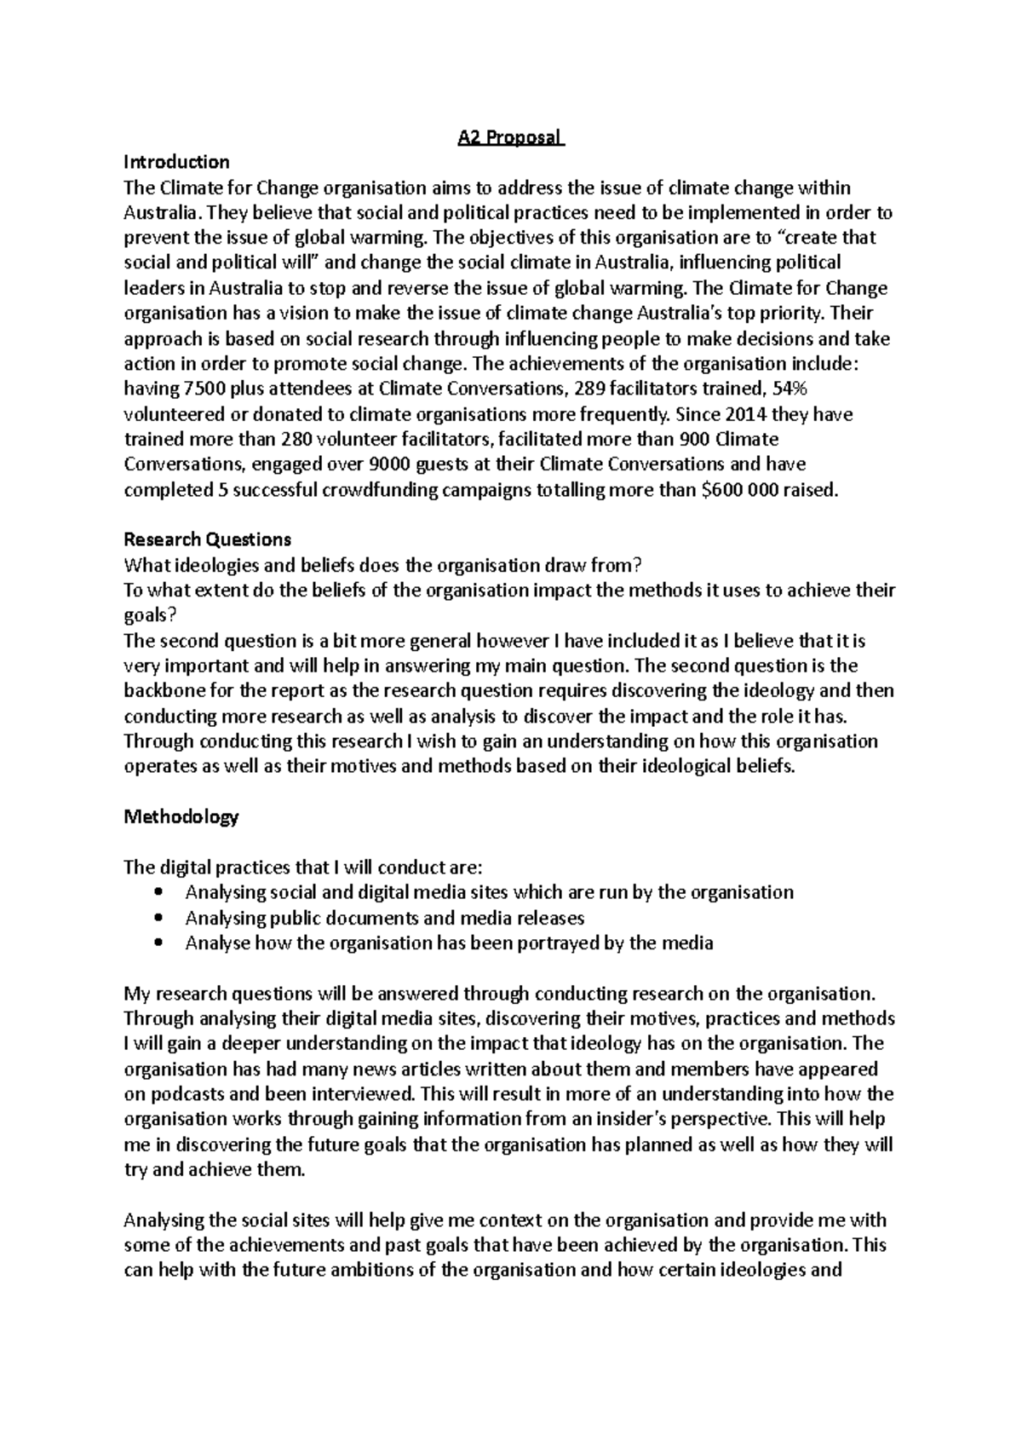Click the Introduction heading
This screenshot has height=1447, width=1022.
click(176, 162)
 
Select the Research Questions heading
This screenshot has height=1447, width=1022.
click(207, 539)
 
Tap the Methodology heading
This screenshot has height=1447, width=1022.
click(181, 816)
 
